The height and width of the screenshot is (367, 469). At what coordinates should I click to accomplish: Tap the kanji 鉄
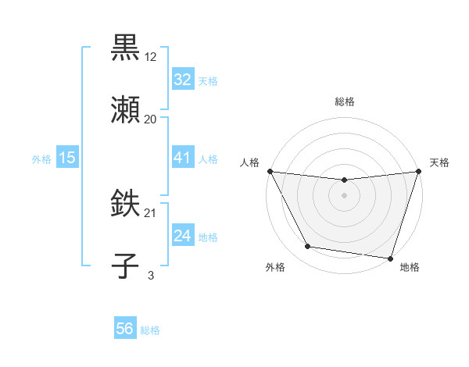125,204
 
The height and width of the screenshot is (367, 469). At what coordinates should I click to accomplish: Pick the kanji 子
125,265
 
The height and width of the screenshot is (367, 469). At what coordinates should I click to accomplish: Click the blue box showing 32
182,80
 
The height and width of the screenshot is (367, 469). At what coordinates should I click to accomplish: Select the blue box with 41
182,158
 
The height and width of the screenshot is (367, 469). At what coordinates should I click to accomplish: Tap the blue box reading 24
182,236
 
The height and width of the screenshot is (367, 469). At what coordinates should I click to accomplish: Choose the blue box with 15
67,158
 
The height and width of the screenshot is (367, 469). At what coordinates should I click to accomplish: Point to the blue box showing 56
125,329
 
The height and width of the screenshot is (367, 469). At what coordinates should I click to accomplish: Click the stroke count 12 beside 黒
151,56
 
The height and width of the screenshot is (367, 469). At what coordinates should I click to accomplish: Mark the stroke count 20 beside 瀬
151,119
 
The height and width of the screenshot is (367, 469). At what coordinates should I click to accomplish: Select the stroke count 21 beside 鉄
151,213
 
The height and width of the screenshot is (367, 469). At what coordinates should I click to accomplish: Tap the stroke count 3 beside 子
151,275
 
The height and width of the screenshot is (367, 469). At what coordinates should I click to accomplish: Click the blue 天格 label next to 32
208,81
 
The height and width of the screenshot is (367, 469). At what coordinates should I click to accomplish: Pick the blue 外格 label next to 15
41,159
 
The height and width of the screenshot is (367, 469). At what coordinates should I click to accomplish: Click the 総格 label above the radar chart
345,102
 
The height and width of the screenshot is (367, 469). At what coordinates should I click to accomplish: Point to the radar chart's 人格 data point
270,171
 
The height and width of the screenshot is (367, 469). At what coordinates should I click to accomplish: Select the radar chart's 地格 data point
390,258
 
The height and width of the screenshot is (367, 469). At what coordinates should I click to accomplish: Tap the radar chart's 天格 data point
418,171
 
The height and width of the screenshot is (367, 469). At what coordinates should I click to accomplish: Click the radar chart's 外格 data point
308,247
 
